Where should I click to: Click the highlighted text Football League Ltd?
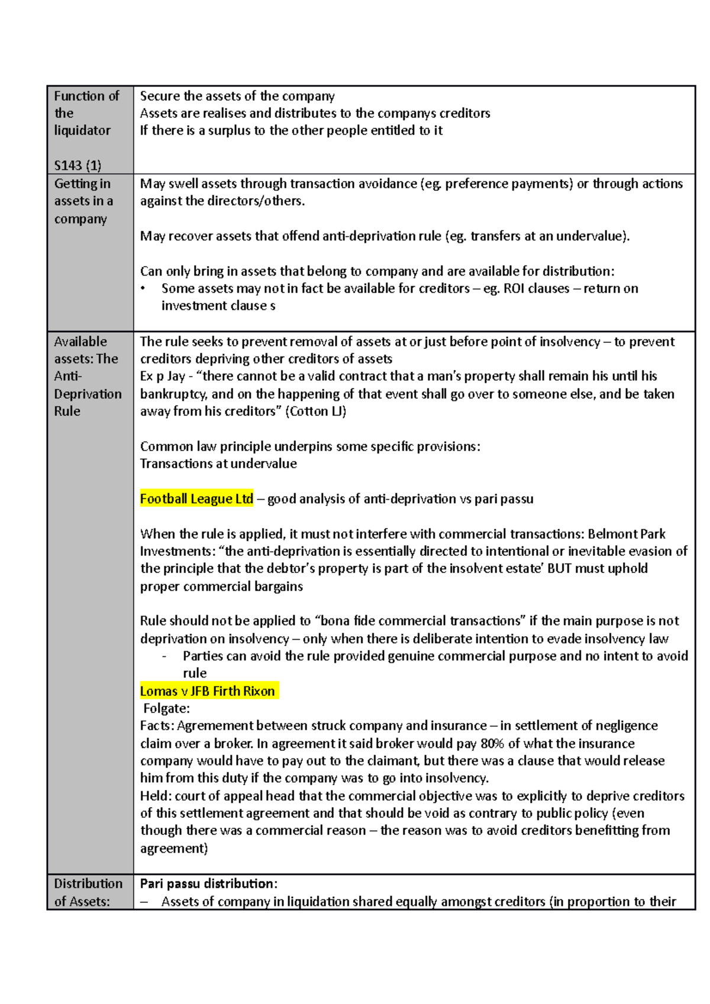196,499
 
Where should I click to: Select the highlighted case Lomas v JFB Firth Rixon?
208,691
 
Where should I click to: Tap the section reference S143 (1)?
78,166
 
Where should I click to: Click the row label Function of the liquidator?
86,113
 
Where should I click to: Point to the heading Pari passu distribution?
208,884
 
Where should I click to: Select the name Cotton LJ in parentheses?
315,412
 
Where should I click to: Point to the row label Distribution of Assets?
88,892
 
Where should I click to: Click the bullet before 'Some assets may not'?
143,289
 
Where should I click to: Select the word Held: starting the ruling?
156,796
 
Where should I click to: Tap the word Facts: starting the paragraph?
157,726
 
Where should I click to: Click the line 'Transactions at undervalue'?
218,464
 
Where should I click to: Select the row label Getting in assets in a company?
83,201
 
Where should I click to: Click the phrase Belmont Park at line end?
627,534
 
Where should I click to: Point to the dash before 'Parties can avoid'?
164,656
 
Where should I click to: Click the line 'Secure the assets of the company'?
237,96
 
